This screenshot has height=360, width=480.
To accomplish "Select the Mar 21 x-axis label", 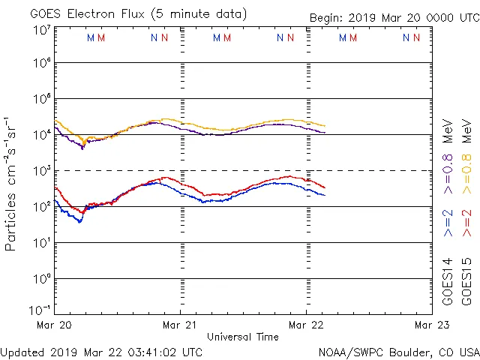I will (x=181, y=325).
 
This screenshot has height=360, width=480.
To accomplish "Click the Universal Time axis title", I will (x=243, y=337).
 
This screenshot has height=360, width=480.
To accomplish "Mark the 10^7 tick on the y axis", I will (x=42, y=30).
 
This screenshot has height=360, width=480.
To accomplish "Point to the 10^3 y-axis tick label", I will (x=42, y=170).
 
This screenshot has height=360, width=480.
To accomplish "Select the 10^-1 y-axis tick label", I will (x=42, y=309).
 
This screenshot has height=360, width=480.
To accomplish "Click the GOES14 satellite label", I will (x=448, y=280).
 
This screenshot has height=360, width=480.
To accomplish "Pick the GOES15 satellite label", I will (x=467, y=280).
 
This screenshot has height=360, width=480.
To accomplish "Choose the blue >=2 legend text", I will (x=448, y=223).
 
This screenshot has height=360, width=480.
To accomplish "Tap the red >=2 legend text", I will (x=467, y=223).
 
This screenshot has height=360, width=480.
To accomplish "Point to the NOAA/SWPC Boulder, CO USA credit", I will (x=398, y=351).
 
